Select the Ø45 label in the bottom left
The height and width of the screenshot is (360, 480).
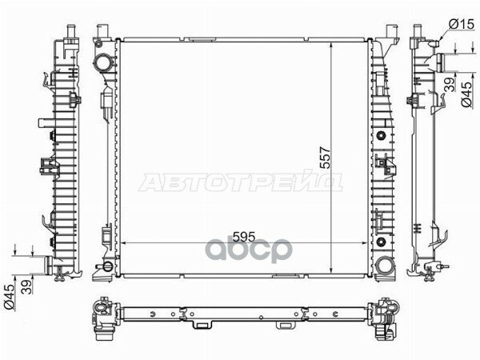[8, 298]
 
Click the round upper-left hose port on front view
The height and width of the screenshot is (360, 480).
[105, 62]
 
